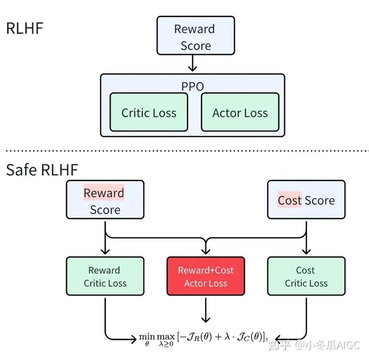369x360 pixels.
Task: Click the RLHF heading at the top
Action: click(x=24, y=28)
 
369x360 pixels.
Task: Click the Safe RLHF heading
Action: click(x=43, y=170)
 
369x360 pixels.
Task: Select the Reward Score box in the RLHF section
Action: click(x=195, y=35)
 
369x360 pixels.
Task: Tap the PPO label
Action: click(x=192, y=86)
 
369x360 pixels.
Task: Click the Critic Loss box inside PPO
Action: click(x=149, y=113)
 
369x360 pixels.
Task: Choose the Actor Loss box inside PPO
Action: click(x=240, y=113)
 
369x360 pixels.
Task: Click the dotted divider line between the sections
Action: click(x=184, y=151)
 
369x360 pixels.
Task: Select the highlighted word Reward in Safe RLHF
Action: click(x=104, y=193)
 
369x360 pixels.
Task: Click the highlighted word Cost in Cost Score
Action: click(x=290, y=201)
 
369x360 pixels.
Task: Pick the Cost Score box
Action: click(x=306, y=199)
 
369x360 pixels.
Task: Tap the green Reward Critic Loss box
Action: click(x=105, y=276)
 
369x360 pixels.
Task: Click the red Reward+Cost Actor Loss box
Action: click(x=206, y=276)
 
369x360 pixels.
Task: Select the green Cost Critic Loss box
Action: click(x=306, y=276)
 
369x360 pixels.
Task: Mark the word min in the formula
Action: click(x=147, y=336)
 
